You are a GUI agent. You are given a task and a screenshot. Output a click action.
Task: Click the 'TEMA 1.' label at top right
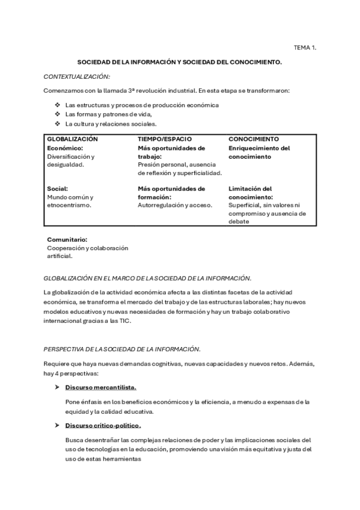tap(304, 46)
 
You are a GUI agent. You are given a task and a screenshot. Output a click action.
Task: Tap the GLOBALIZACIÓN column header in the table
tap(72, 138)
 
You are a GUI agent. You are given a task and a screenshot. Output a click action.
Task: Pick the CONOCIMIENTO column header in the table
tap(254, 138)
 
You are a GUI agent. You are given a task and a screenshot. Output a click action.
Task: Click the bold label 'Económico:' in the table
tap(65, 147)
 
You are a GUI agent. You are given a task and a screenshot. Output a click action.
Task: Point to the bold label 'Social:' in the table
tap(58, 188)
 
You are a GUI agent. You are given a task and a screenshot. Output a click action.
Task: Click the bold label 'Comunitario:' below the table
tap(67, 239)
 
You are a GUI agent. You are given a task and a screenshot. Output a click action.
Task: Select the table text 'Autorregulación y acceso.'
tap(175, 205)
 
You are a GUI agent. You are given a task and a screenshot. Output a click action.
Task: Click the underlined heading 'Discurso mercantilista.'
tap(101, 387)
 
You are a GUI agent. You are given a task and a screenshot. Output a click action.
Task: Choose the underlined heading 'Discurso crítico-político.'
tap(103, 426)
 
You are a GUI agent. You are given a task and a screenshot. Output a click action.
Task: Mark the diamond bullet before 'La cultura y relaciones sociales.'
tap(58, 124)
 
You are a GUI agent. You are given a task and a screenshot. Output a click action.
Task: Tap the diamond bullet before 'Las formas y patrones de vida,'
tap(58, 114)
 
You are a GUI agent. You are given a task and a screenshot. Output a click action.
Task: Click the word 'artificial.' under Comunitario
tap(59, 256)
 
